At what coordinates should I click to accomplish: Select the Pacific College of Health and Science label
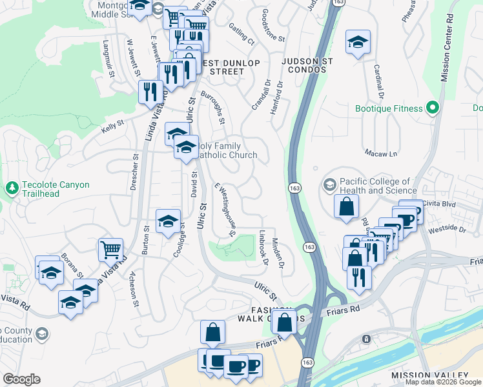point(374,186)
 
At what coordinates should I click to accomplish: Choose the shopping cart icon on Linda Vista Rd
point(110,249)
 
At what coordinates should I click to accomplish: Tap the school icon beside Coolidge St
point(168,221)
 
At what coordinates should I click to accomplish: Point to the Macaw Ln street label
point(384,154)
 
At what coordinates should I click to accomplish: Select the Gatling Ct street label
point(242,37)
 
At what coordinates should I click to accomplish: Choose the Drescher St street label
point(136,168)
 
